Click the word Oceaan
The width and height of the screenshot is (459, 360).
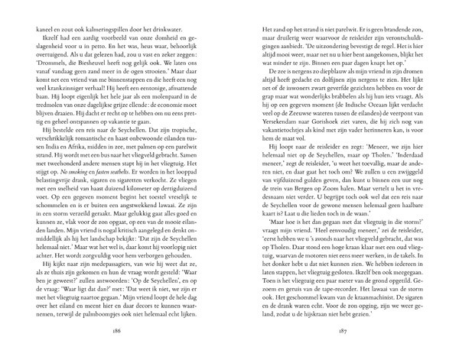[x=360, y=114]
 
